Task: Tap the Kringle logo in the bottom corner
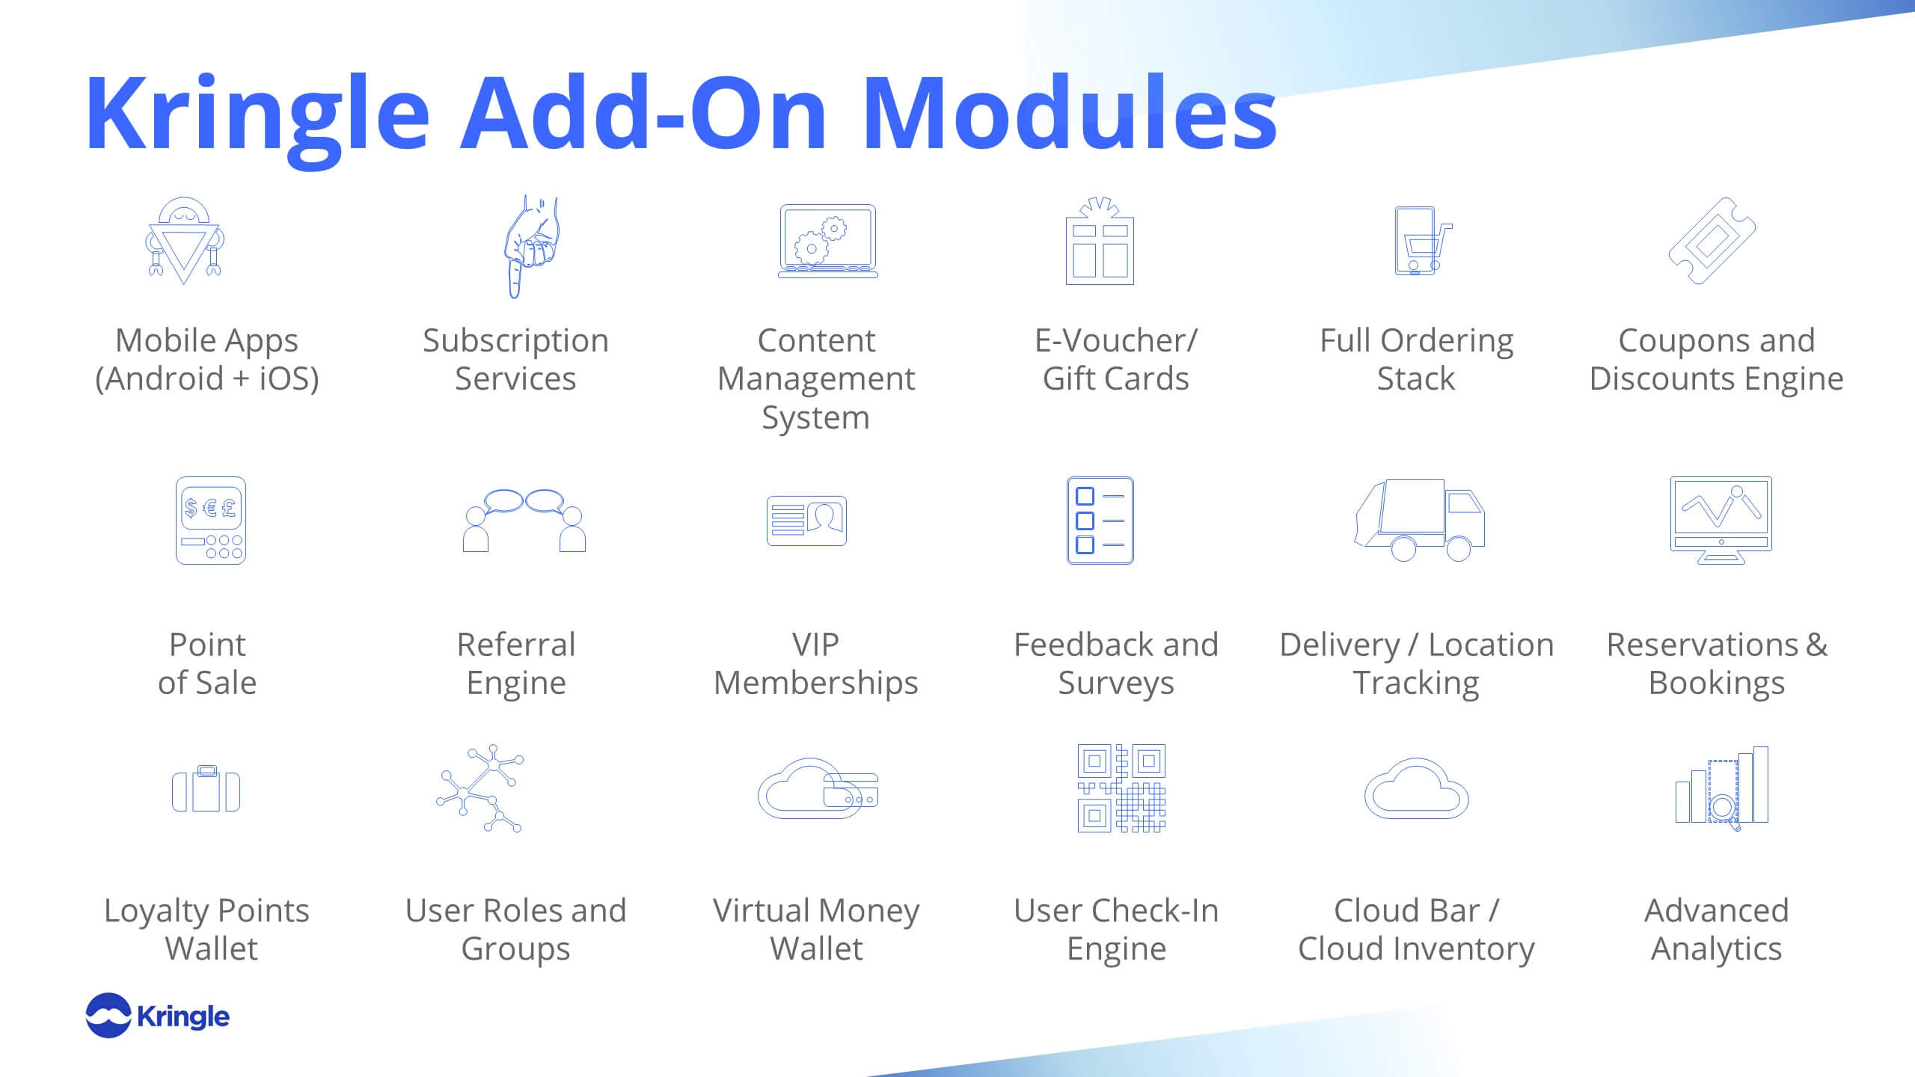[x=158, y=1016]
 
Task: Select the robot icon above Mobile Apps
[x=184, y=241]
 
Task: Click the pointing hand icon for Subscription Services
[x=530, y=247]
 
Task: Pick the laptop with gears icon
[x=827, y=241]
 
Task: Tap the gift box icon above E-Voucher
[x=1100, y=241]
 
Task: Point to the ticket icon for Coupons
[x=1712, y=241]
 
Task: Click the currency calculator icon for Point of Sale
[x=211, y=521]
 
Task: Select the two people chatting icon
[x=524, y=521]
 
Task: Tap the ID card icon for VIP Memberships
[x=806, y=521]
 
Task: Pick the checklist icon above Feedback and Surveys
[x=1100, y=521]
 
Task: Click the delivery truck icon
[x=1419, y=521]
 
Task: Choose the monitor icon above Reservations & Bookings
[x=1721, y=521]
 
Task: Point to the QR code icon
[x=1121, y=788]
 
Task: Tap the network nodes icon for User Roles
[x=480, y=788]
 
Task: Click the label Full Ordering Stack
[x=1416, y=360]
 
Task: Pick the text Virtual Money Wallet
[x=816, y=930]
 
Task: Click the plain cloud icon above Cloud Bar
[x=1416, y=788]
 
